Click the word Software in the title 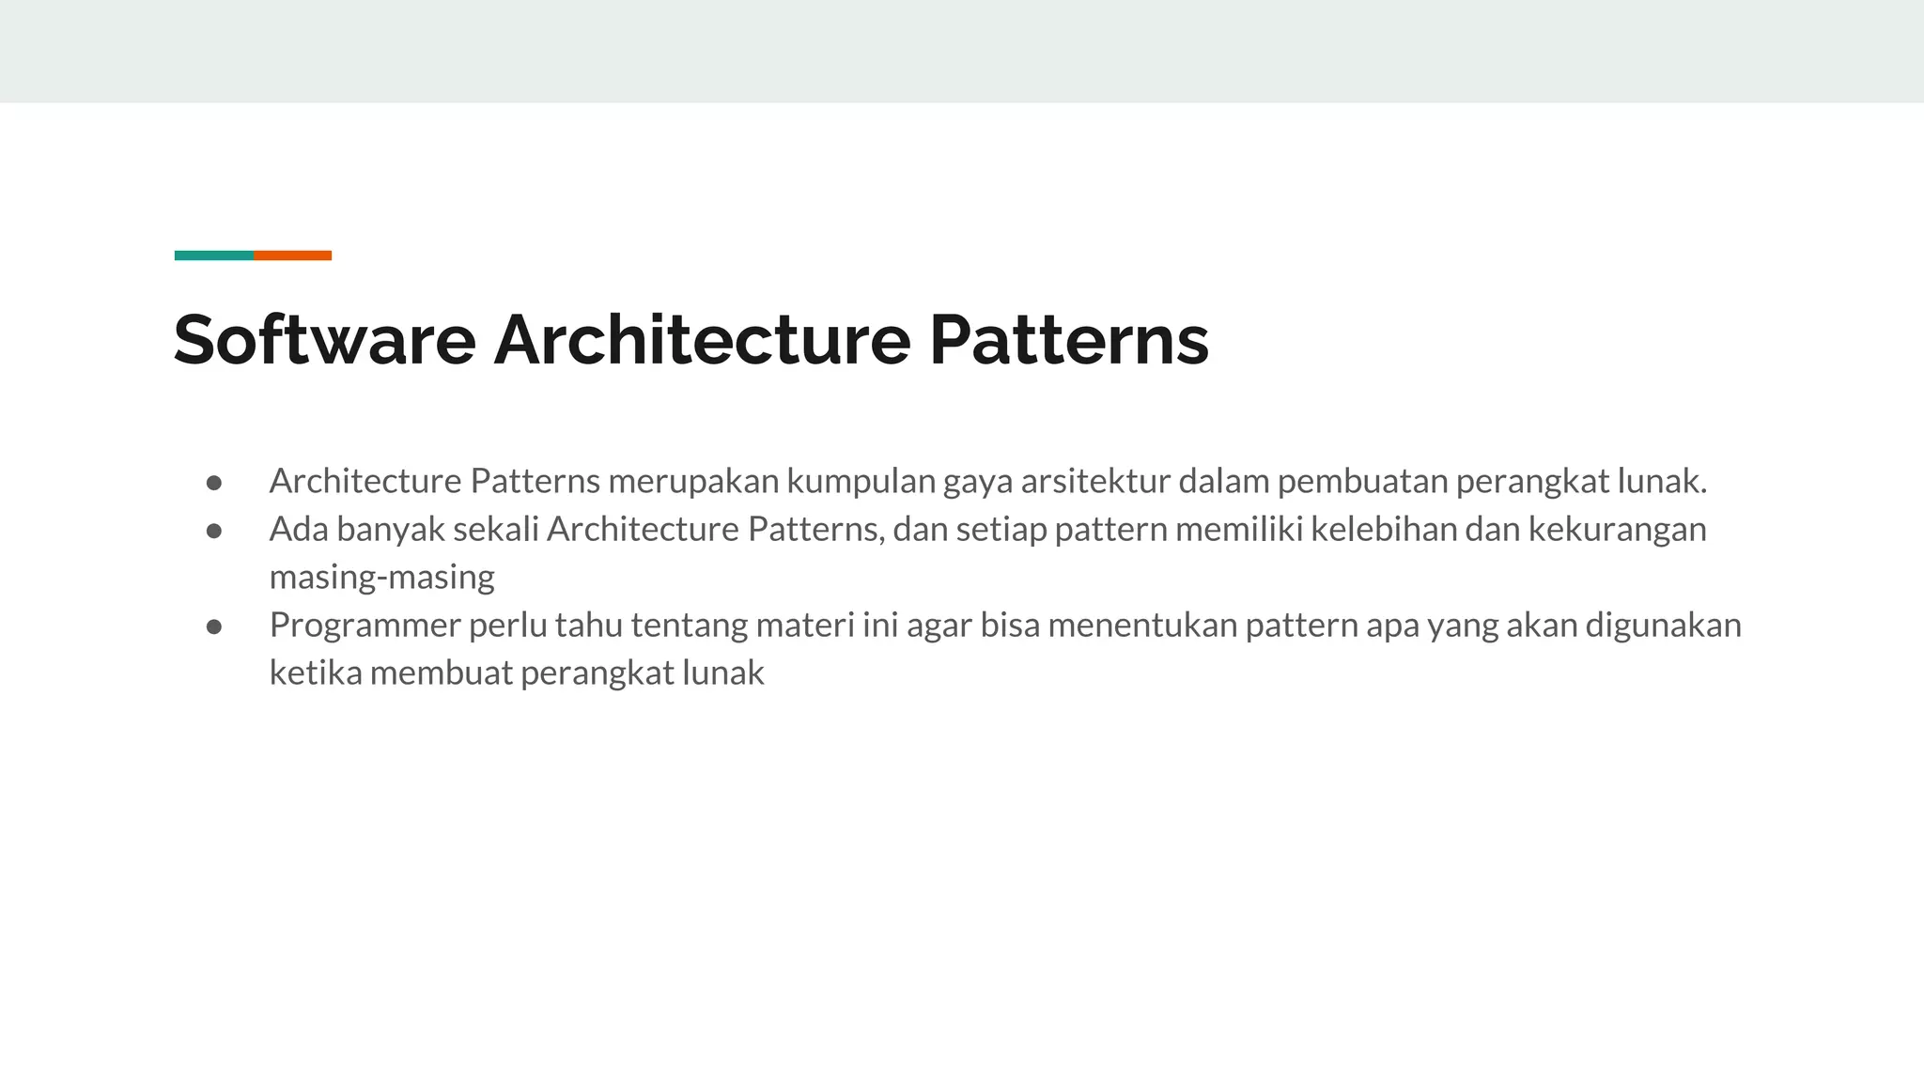tap(324, 339)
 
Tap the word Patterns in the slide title tap(1068, 339)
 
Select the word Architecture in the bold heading tap(702, 339)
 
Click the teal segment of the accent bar tap(213, 255)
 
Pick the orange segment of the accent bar tap(292, 255)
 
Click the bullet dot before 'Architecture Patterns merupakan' tap(214, 483)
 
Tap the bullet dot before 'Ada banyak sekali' tap(214, 531)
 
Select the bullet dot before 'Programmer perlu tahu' tap(214, 626)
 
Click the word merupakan tap(692, 482)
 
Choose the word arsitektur tap(1094, 482)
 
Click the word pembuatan tap(1362, 482)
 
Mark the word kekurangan tap(1617, 530)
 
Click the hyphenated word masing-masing tap(381, 578)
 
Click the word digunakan tap(1663, 626)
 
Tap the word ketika tap(316, 673)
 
